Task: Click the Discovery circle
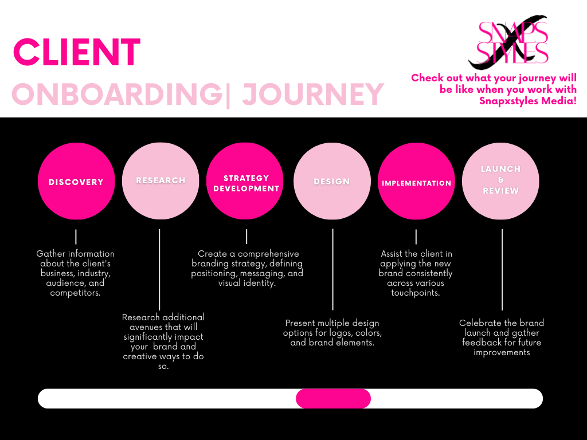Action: tap(76, 181)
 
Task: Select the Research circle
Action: tap(161, 181)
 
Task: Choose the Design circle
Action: tap(332, 181)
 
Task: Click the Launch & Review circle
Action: tap(500, 181)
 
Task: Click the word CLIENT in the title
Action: tap(77, 53)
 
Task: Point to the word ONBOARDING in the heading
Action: tap(117, 95)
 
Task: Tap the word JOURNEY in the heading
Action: tap(312, 95)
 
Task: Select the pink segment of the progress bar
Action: tap(333, 399)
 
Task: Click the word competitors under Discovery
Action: tap(75, 293)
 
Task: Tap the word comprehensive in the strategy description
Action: tap(269, 254)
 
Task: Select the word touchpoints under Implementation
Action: tap(415, 293)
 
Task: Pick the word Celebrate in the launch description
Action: tap(480, 323)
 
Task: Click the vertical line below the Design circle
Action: tap(332, 269)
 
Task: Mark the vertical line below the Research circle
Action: tap(159, 269)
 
